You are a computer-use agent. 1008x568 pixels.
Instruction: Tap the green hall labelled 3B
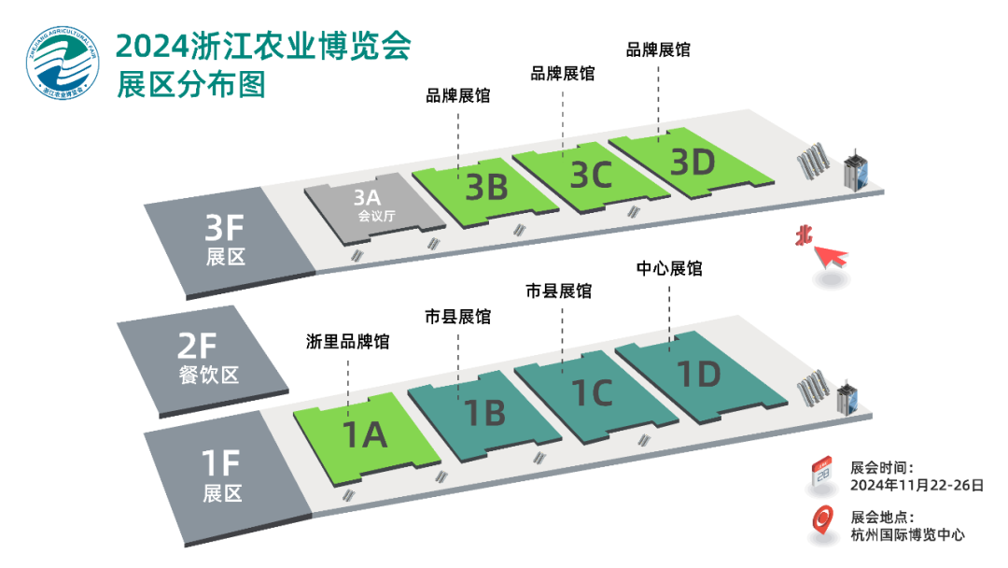click(x=485, y=187)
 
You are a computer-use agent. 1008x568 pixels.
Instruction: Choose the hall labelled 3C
click(x=590, y=173)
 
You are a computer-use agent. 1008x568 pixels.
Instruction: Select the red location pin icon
click(x=822, y=523)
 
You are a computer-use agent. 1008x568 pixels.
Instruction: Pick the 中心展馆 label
click(x=669, y=268)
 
